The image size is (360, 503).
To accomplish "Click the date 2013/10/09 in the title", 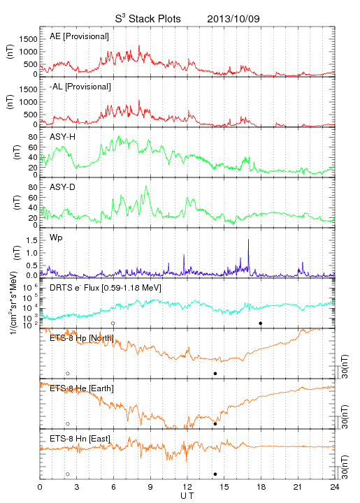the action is [x=233, y=19].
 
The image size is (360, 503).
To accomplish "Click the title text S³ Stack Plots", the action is [x=148, y=18].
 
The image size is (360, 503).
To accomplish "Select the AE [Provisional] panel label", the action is [x=79, y=36].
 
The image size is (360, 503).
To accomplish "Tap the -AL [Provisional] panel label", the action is [x=80, y=87].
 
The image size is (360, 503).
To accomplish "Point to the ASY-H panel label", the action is [x=63, y=137].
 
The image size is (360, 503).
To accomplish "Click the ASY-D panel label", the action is [x=63, y=187].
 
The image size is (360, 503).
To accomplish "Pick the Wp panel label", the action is [x=56, y=238].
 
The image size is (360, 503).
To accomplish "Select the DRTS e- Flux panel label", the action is [x=106, y=288].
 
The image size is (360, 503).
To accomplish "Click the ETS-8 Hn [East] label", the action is [x=80, y=439].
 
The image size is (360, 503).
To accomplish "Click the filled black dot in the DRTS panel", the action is [x=261, y=323].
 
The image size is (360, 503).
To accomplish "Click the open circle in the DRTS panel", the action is [x=113, y=323].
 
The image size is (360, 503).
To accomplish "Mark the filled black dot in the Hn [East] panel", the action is [x=215, y=474].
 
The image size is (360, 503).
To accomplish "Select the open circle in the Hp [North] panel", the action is [x=68, y=373].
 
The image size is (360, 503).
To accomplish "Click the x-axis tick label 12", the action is [x=187, y=487].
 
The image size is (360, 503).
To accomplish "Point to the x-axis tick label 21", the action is [x=298, y=487].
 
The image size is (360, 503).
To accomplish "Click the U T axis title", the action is [x=187, y=496].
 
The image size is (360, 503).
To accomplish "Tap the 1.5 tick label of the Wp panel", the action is [x=31, y=240].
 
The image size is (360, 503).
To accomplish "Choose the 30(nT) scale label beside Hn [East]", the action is [x=345, y=467].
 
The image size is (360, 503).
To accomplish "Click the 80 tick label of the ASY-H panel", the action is [x=33, y=138].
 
